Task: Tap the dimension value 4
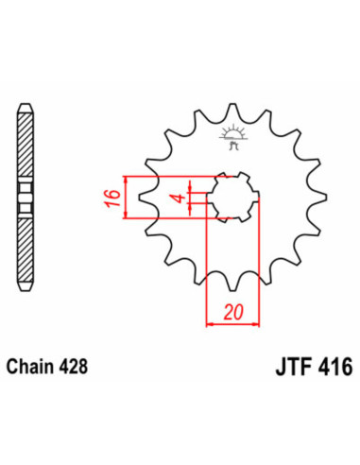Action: pyautogui.click(x=175, y=198)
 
